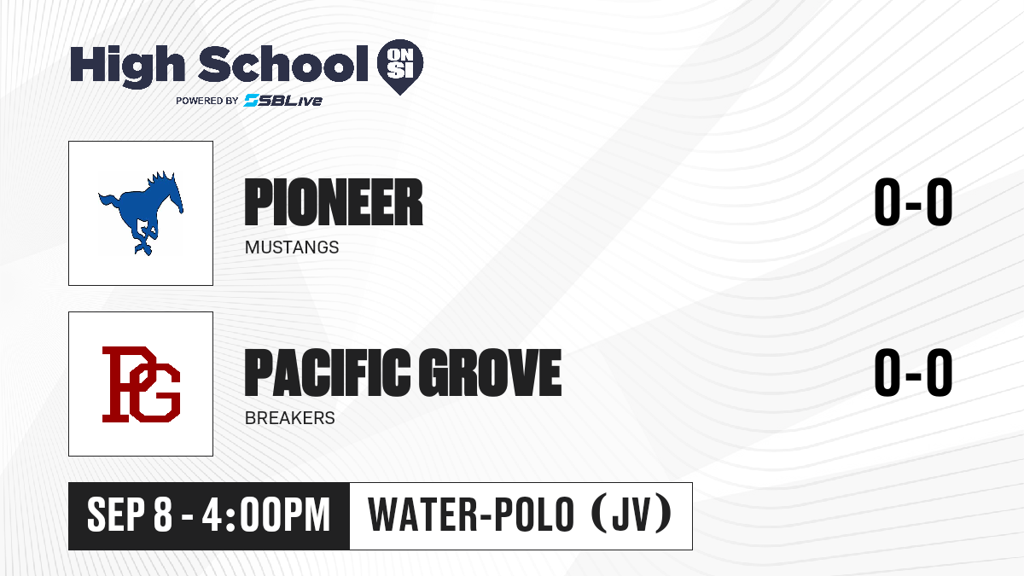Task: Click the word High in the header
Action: point(128,66)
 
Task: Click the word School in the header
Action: point(283,64)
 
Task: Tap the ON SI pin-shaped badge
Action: point(400,67)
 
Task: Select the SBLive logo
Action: point(282,100)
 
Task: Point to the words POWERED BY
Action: point(207,101)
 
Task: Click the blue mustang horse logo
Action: point(141,213)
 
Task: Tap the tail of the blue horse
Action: point(109,202)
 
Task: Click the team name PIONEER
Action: point(334,202)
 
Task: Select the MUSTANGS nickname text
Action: point(292,247)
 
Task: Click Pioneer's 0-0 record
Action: point(913,202)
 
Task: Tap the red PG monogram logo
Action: point(141,384)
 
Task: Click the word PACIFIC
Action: point(328,372)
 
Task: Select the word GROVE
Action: point(490,372)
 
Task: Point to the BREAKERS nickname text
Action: point(290,418)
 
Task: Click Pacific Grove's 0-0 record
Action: point(913,372)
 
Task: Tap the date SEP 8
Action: point(130,515)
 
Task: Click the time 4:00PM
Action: point(266,515)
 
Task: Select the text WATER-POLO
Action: point(471,515)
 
